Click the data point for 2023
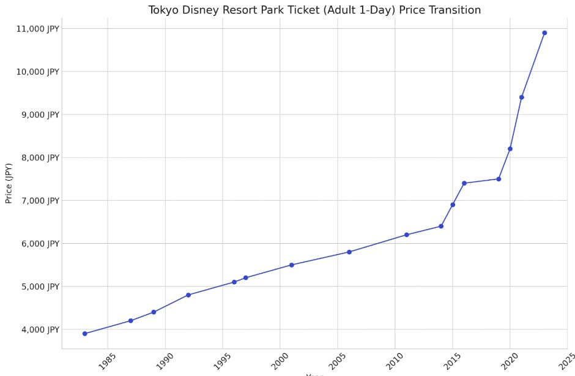(544, 33)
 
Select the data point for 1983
(85, 334)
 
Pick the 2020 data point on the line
(510, 149)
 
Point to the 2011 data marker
(407, 235)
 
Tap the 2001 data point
(292, 265)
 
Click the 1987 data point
(131, 321)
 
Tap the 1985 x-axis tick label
(106, 361)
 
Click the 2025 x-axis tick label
(566, 361)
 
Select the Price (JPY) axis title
(9, 183)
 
